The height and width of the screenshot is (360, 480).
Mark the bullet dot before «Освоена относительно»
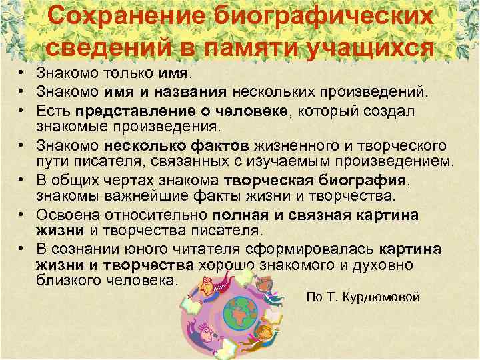pyautogui.click(x=23, y=215)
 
